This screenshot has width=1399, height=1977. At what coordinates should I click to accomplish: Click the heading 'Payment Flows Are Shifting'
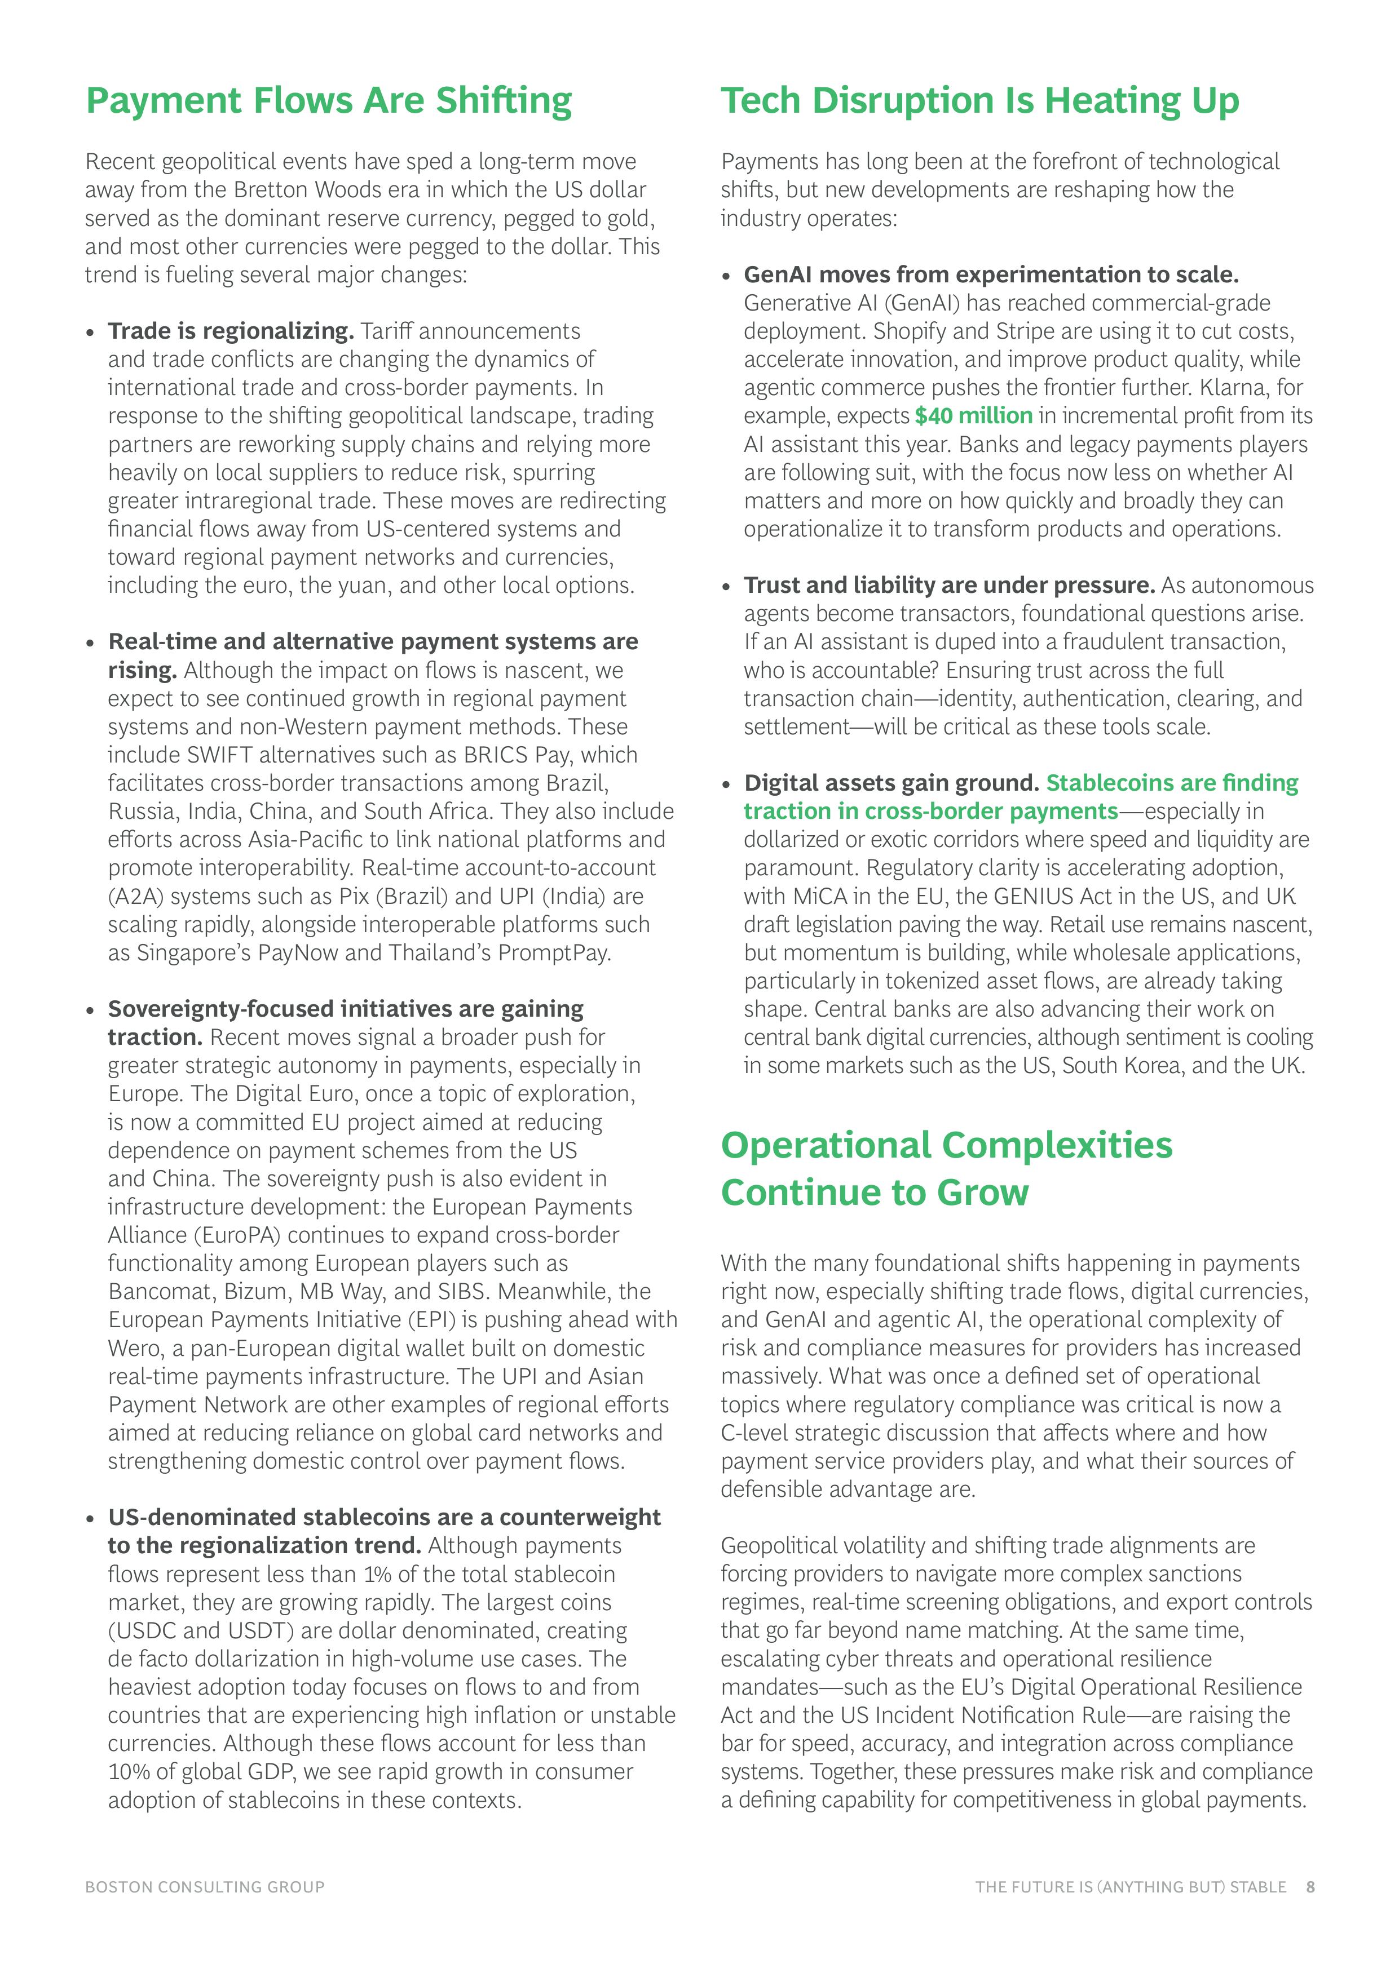pos(328,101)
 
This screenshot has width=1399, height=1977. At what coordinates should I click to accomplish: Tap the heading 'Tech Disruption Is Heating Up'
pos(979,101)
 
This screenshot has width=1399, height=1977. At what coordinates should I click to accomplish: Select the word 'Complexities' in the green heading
pos(1057,1145)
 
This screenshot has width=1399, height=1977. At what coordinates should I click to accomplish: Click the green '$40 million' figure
pos(973,416)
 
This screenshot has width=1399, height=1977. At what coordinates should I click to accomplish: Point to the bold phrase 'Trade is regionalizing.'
pos(231,331)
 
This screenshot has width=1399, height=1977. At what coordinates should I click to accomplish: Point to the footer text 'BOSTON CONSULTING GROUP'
pos(205,1887)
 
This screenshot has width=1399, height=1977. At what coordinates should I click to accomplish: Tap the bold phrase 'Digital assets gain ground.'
pos(891,783)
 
